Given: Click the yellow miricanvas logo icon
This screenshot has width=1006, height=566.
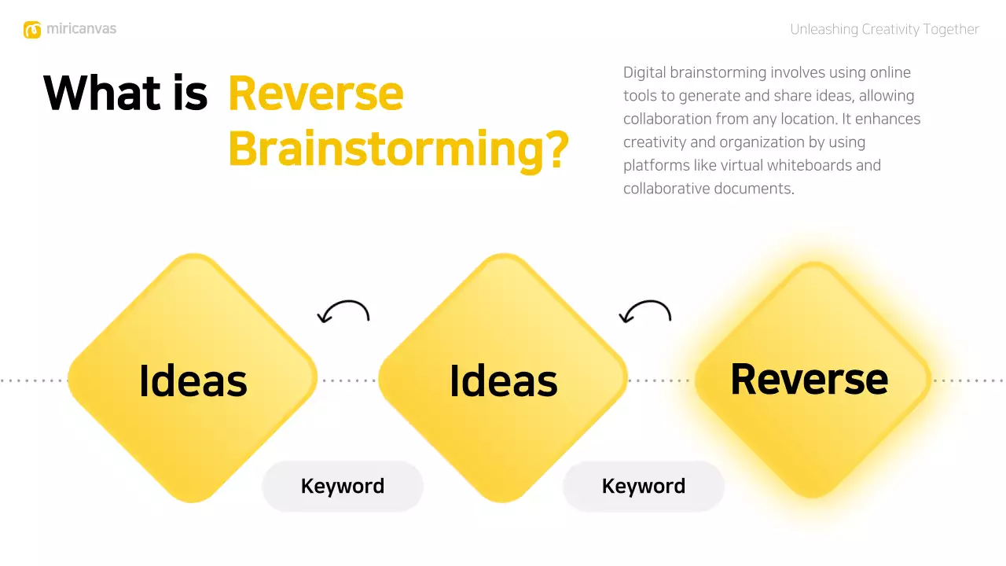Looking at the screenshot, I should tap(32, 30).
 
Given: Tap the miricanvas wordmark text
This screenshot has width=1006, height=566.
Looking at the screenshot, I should tap(81, 29).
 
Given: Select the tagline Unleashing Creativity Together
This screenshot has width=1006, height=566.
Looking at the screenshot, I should tap(884, 30).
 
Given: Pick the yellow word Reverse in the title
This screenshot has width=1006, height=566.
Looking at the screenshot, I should tap(315, 94).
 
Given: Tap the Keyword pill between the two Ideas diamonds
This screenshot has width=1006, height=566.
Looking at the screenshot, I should tap(343, 486).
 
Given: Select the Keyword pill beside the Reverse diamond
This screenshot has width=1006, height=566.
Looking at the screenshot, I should tap(644, 486).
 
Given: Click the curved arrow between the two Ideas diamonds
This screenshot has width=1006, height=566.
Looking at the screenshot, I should tap(343, 312).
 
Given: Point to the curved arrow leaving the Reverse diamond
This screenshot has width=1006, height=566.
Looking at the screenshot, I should tap(645, 312).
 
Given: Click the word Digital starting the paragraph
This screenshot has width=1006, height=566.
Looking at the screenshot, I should tap(644, 73).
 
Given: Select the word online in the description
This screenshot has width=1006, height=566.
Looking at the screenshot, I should tap(890, 73).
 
